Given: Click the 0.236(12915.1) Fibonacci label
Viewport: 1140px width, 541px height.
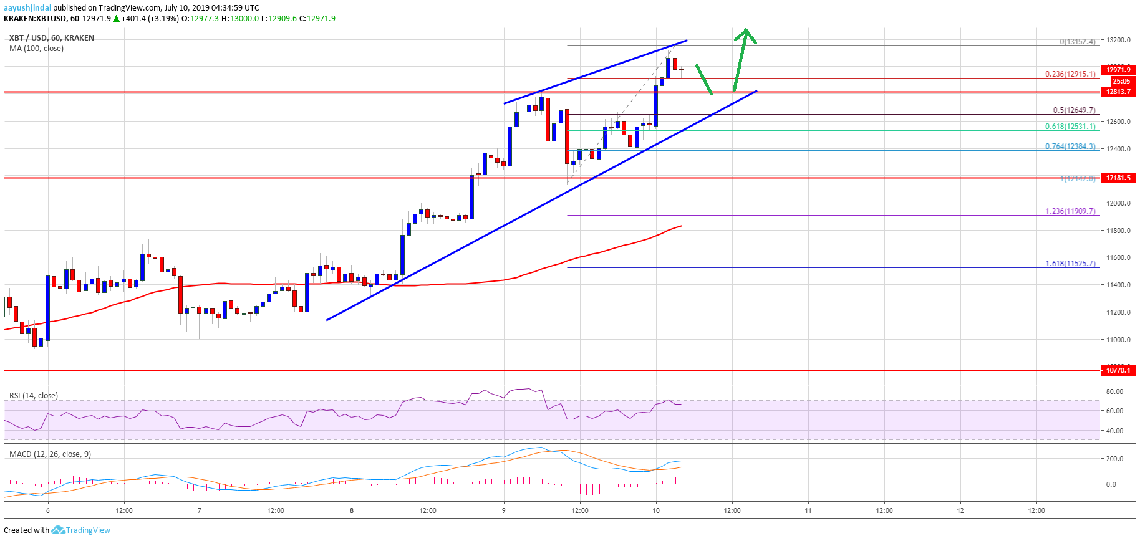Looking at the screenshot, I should click(x=1070, y=74).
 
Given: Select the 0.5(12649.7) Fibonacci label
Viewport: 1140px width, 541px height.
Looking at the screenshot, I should click(x=1074, y=110).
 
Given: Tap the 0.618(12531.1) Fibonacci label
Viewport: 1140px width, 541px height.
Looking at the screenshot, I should click(x=1070, y=127).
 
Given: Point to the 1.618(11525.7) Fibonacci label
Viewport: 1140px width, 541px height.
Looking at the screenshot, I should click(x=1070, y=264).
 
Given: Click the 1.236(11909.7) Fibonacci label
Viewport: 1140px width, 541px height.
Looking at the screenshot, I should click(x=1070, y=211).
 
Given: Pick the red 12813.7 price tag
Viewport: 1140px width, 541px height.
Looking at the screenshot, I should click(x=1118, y=92).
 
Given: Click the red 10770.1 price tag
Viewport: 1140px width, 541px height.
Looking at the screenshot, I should click(x=1118, y=370).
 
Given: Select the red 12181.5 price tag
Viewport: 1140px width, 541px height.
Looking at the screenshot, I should click(x=1118, y=178).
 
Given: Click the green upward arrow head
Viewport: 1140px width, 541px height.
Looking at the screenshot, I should click(x=745, y=33).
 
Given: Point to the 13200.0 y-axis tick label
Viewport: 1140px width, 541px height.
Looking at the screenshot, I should click(x=1118, y=40).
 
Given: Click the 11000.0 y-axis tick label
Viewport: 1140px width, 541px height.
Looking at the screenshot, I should click(x=1118, y=340).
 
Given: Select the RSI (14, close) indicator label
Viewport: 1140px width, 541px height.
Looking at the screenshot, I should click(x=34, y=396).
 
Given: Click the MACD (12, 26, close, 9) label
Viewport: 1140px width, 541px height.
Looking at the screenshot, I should click(x=50, y=454).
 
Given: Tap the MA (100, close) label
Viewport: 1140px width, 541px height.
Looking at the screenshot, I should click(x=36, y=49).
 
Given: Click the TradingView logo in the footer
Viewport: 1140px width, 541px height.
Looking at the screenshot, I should click(x=81, y=530).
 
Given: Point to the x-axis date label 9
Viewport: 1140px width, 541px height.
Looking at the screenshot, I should click(x=503, y=511).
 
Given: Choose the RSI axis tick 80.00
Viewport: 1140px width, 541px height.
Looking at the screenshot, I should click(x=1114, y=391).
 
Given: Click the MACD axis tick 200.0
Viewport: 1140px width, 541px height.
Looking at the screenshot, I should click(x=1114, y=459).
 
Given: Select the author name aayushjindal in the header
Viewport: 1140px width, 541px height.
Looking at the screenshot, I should click(x=27, y=8).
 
